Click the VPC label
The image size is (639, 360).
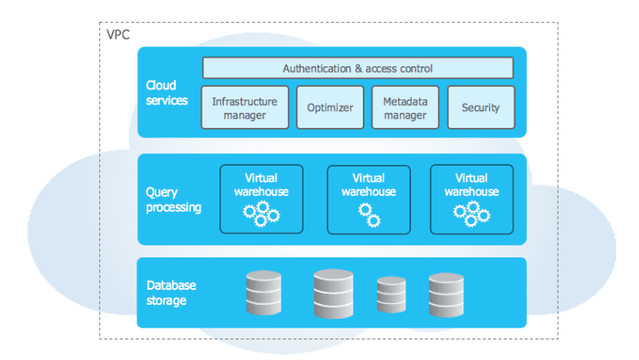(x=118, y=35)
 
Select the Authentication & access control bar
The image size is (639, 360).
(x=358, y=68)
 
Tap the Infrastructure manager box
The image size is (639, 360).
(x=245, y=107)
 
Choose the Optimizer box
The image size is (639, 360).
(x=330, y=107)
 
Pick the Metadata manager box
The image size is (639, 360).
(x=405, y=107)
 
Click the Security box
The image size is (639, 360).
(x=481, y=107)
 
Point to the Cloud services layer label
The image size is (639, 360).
(x=166, y=93)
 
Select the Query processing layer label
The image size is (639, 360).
(x=174, y=200)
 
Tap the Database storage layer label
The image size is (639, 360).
(x=171, y=293)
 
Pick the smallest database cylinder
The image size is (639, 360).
(x=391, y=294)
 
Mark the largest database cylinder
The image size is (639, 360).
(x=334, y=294)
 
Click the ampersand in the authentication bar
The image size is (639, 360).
(x=358, y=69)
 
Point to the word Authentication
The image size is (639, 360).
(x=317, y=69)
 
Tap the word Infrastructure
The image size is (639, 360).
(x=245, y=102)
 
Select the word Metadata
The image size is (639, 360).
(x=405, y=102)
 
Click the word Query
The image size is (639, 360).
(x=162, y=193)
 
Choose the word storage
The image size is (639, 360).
(x=166, y=301)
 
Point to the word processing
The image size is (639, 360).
(x=174, y=208)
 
